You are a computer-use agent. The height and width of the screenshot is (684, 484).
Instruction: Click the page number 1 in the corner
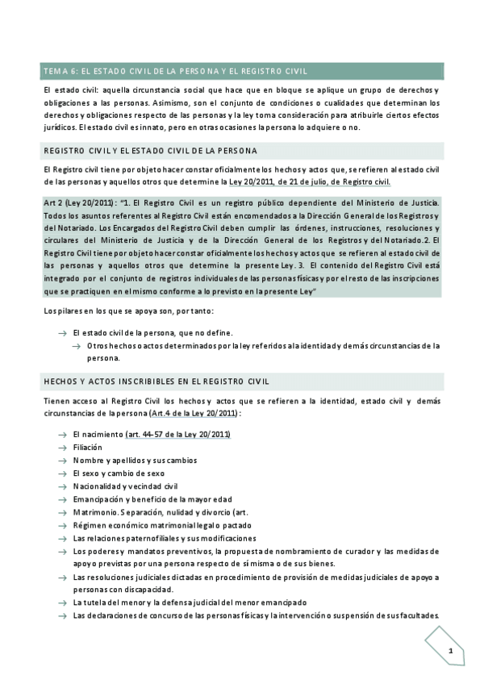point(450,650)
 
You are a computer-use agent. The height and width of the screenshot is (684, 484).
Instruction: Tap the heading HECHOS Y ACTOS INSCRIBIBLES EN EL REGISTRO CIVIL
point(156,381)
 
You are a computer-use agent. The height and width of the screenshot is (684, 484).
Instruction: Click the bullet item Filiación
point(89,448)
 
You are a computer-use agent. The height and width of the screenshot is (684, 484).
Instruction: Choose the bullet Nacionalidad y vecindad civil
point(124,486)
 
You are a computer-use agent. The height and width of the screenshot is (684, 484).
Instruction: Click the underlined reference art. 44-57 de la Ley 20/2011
point(178,435)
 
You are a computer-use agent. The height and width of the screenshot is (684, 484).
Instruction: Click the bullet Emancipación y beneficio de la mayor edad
point(152,499)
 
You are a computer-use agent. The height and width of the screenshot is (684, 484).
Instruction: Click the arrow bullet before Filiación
point(62,448)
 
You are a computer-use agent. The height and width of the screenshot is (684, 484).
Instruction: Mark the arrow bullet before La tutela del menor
point(62,603)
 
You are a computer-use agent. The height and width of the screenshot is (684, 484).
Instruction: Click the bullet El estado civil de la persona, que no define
point(152,332)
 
